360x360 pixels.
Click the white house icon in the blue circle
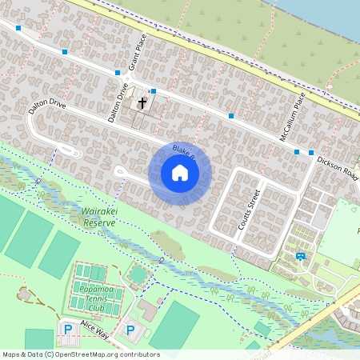pos(179,173)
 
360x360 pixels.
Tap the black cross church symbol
pos(142,102)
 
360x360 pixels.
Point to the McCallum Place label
pos(292,118)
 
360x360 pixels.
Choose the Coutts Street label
pos(249,210)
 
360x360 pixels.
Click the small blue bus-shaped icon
pos(301,256)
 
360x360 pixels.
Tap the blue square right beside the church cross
pos(153,92)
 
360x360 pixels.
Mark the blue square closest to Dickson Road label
pos(311,152)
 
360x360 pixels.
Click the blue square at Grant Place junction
pos(118,73)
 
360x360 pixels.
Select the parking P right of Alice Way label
pos(130,329)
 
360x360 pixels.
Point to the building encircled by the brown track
pos(26,295)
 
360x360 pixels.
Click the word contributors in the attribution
pos(141,354)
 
